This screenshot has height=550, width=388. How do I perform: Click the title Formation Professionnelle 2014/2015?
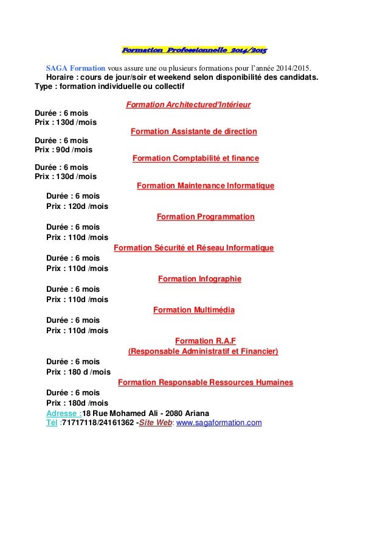click(194, 49)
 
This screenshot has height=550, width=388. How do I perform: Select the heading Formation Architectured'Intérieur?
click(188, 105)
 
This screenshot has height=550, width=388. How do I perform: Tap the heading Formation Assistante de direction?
click(193, 132)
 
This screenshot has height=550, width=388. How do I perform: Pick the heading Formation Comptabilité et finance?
click(195, 158)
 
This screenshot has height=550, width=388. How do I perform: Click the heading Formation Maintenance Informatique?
click(206, 185)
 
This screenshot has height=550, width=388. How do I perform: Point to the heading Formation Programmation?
click(206, 216)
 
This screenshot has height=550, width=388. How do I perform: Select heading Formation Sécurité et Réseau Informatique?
click(193, 247)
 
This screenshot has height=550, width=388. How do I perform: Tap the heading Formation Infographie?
click(199, 278)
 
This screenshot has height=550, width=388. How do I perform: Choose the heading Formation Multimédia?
click(193, 309)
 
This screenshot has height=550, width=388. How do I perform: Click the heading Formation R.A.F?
click(201, 340)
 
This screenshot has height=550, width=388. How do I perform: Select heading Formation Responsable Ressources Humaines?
click(205, 383)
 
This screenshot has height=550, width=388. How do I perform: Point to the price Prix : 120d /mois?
click(77, 206)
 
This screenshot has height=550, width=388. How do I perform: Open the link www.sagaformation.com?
click(218, 422)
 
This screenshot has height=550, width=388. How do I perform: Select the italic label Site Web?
click(156, 422)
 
